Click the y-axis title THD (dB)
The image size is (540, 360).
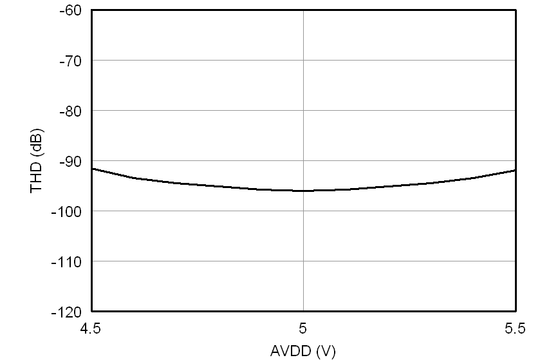point(36,161)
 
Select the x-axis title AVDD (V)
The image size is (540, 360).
point(303,351)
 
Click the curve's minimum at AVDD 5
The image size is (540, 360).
point(303,191)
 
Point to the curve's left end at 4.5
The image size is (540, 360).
point(93,169)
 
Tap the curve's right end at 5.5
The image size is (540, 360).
point(515,171)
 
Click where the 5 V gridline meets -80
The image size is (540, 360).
point(303,111)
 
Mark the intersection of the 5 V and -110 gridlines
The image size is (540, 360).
point(303,261)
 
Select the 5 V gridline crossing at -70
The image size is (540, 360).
point(303,61)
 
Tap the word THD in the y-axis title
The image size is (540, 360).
point(36,178)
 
